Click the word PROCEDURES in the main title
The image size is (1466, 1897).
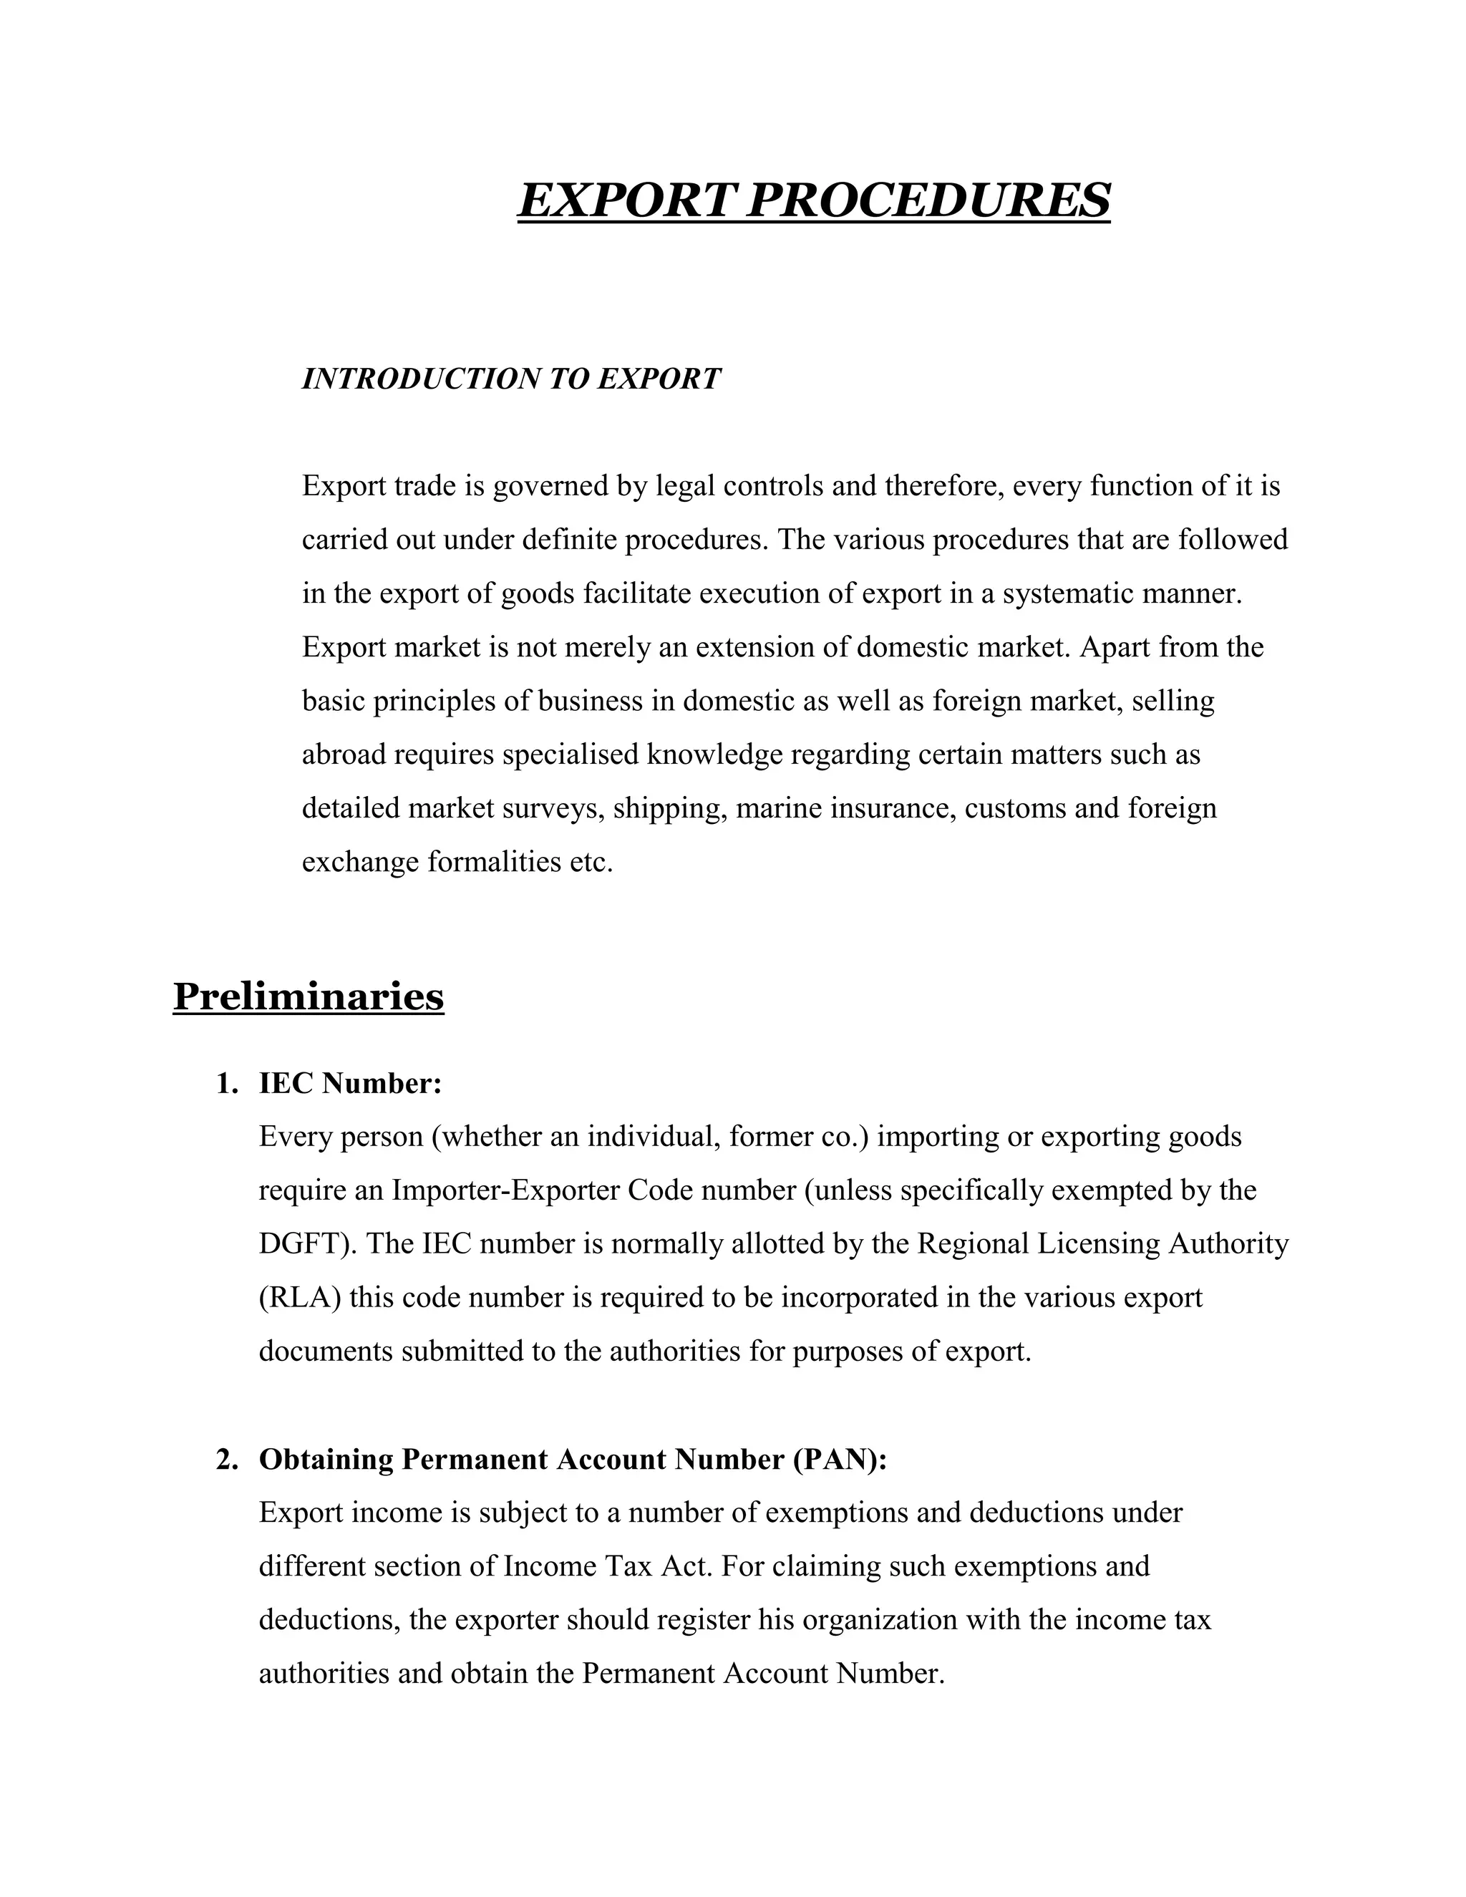click(928, 200)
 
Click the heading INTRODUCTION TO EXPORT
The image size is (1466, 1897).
click(510, 379)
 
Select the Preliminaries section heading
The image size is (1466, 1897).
click(309, 996)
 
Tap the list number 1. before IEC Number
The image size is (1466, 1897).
click(227, 1083)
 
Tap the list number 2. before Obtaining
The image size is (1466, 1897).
click(227, 1459)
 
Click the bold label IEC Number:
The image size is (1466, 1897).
click(350, 1083)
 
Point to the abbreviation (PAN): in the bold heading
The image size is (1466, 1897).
click(840, 1459)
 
